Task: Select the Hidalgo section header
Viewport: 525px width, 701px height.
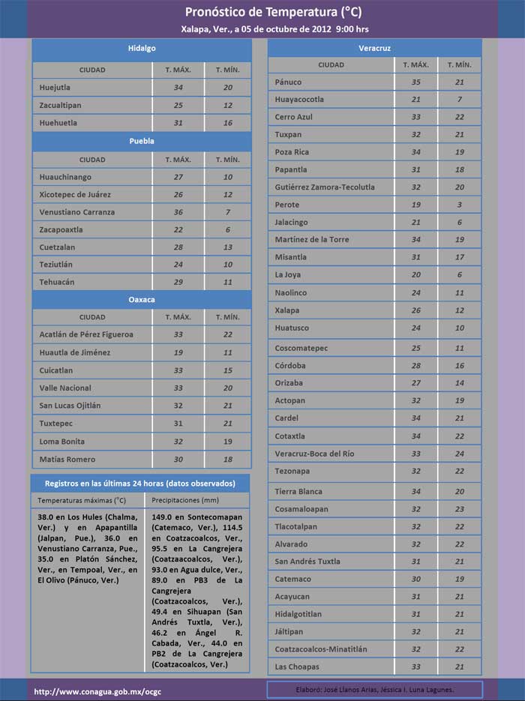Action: click(141, 49)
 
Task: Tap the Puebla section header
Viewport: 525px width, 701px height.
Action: click(141, 141)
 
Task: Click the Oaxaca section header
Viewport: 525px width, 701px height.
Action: click(141, 299)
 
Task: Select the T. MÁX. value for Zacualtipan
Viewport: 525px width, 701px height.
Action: click(178, 106)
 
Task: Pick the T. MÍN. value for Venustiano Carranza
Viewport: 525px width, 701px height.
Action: click(227, 212)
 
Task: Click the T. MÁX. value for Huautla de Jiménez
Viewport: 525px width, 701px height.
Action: click(178, 352)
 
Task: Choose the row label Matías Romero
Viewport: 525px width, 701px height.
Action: click(67, 460)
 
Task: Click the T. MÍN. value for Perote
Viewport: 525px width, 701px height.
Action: click(459, 205)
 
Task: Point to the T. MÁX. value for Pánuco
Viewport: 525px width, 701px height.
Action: click(415, 82)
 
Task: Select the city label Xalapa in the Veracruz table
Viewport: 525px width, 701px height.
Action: click(287, 310)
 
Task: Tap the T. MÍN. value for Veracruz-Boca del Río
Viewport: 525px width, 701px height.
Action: click(459, 454)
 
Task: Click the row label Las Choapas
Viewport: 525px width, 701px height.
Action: click(297, 667)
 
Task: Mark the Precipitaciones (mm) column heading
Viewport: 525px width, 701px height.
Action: click(184, 500)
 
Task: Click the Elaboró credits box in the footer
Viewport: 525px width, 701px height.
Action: click(375, 689)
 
